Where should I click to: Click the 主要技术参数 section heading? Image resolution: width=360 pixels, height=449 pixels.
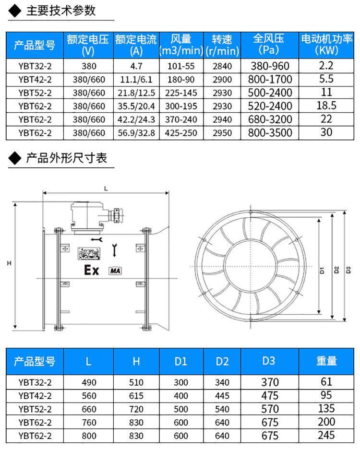61,11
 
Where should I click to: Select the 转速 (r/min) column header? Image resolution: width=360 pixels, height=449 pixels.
222,45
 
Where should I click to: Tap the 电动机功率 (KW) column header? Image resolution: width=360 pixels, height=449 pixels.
326,45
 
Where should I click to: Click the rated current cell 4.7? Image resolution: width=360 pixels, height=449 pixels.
136,66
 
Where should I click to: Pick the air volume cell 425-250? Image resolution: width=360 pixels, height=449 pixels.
181,133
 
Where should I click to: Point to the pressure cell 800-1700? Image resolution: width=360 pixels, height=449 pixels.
270,79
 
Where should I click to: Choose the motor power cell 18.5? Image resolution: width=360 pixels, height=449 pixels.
326,106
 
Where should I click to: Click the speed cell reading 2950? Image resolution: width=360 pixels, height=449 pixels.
222,133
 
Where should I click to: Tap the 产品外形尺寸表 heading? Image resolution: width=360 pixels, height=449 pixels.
67,158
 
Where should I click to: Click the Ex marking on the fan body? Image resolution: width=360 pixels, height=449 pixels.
91,270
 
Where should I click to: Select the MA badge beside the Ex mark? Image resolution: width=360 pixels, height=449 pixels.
115,271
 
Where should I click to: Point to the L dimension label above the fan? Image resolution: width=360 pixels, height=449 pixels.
106,189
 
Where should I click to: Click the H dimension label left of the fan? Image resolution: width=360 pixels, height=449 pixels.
9,263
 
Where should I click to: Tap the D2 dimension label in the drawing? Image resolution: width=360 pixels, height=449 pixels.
337,270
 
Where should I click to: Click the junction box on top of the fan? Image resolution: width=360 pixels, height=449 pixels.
87,217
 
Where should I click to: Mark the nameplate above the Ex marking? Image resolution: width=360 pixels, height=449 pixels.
89,254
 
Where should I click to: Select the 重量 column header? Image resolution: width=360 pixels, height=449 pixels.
326,361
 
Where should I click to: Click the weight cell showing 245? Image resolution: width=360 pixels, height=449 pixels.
326,435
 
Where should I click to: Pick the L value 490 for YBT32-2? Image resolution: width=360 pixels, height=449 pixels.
89,382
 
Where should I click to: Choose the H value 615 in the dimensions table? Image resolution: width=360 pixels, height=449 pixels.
136,396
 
